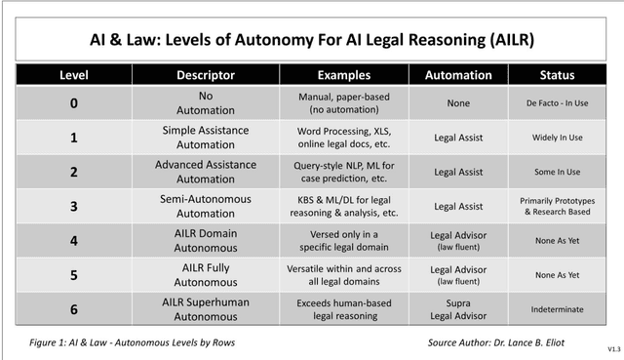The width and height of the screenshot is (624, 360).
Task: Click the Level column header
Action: pos(74,75)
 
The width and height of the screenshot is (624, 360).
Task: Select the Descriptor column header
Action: pos(204,75)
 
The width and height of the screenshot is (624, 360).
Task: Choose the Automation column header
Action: pos(458,75)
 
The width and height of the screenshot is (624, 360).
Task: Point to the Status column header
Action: pos(558,75)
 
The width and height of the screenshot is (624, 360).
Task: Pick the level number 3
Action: pos(74,206)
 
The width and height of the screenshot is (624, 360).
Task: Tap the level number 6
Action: pos(74,308)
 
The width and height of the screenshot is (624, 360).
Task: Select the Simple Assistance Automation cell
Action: pos(204,138)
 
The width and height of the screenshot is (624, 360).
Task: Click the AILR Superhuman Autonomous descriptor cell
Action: pos(204,308)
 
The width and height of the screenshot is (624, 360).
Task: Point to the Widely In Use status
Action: pos(558,138)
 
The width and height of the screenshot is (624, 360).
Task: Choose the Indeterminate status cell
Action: pos(558,309)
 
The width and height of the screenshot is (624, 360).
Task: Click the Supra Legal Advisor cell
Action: pos(458,308)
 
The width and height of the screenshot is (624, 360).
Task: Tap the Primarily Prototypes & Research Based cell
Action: pos(558,206)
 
